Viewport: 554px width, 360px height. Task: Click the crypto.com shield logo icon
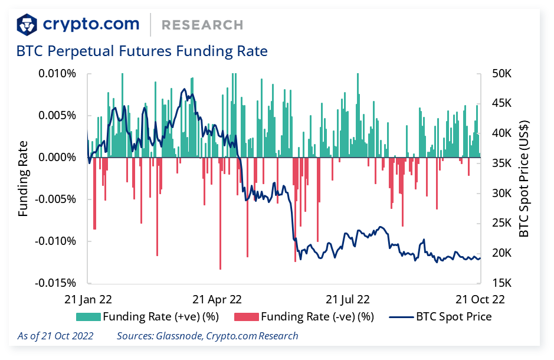tap(27, 25)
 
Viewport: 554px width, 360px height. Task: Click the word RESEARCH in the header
tap(202, 25)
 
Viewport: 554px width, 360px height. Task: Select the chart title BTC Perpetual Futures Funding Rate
tap(142, 51)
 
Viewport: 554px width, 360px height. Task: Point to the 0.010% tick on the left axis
tap(57, 74)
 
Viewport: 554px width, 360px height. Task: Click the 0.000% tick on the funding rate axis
tap(57, 158)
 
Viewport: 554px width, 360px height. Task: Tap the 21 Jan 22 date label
tap(88, 299)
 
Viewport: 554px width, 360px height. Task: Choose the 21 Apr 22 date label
tap(218, 299)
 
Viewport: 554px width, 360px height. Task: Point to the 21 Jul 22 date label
tap(348, 299)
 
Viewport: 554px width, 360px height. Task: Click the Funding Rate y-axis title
tap(23, 178)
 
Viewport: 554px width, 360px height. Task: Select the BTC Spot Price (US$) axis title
tap(524, 178)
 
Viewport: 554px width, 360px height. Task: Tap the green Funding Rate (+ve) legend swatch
tap(88, 317)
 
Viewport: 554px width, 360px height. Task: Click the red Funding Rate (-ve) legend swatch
tap(246, 317)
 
